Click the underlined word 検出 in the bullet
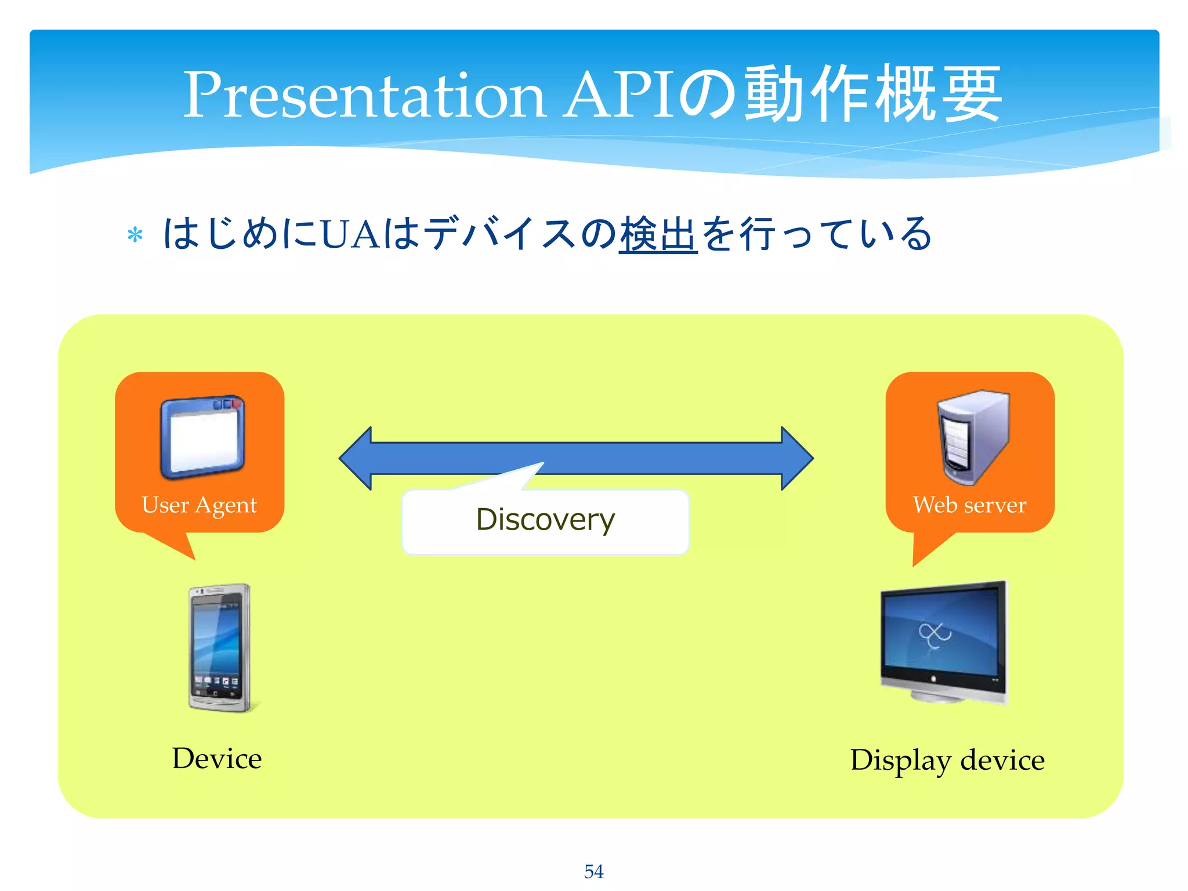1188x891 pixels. pyautogui.click(x=658, y=234)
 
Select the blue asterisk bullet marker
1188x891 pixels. pyautogui.click(x=135, y=236)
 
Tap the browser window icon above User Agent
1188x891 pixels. pyautogui.click(x=202, y=436)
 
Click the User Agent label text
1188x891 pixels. pyautogui.click(x=199, y=505)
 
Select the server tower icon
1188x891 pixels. pyautogui.click(x=973, y=436)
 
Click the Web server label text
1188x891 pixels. pyautogui.click(x=969, y=505)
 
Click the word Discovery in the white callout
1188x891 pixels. pyautogui.click(x=545, y=520)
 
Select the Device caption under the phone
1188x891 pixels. pyautogui.click(x=217, y=759)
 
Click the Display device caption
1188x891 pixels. pyautogui.click(x=947, y=760)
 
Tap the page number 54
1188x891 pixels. pyautogui.click(x=593, y=871)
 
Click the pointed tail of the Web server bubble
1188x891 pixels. pyautogui.click(x=925, y=551)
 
